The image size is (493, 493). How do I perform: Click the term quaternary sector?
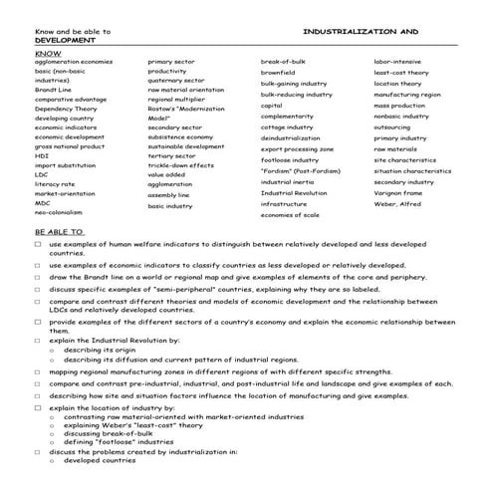click(176, 81)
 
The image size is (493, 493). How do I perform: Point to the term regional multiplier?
click(178, 100)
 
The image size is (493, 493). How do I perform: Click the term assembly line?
click(169, 194)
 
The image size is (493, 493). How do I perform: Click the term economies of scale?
click(290, 214)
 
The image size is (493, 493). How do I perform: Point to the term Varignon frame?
click(398, 193)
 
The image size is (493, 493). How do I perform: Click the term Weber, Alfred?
click(395, 203)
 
